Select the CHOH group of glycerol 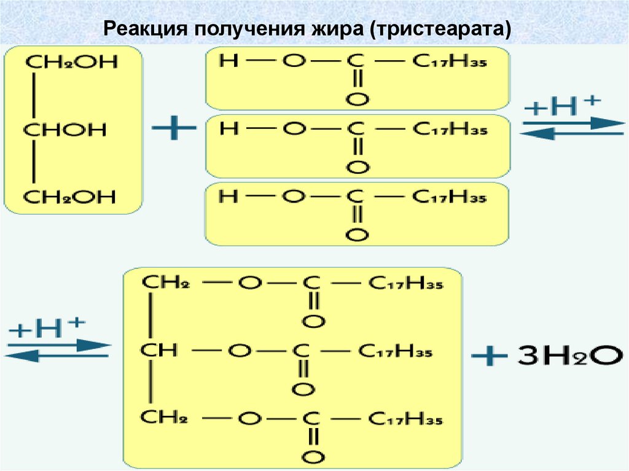pyautogui.click(x=65, y=130)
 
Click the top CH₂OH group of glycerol pyautogui.click(x=71, y=63)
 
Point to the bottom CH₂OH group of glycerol pyautogui.click(x=71, y=197)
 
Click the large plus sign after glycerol pyautogui.click(x=174, y=129)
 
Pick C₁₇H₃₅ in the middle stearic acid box pyautogui.click(x=450, y=129)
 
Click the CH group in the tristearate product pyautogui.click(x=158, y=351)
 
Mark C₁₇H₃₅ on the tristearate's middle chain pyautogui.click(x=395, y=351)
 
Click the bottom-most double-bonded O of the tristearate pyautogui.click(x=313, y=457)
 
